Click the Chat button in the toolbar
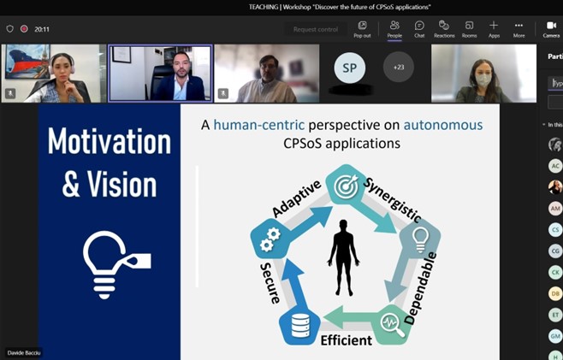coord(419,29)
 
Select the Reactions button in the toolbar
coord(444,29)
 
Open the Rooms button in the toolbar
coord(469,29)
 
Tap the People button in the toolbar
coord(394,29)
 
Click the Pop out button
coord(362,29)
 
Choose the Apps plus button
coord(494,29)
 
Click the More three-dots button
coord(519,29)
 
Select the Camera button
coord(551,29)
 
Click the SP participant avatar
coord(349,68)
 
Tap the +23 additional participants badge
coord(399,68)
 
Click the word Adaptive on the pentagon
coord(296,198)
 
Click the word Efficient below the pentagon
coord(346,340)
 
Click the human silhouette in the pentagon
coord(345,257)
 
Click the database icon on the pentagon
coord(300,326)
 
